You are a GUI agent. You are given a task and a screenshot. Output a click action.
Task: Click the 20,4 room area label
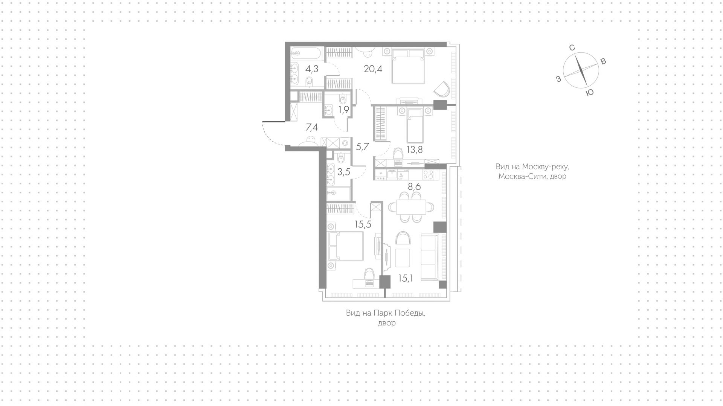(373, 69)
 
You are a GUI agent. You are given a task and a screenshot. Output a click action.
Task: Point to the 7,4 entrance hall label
(311, 127)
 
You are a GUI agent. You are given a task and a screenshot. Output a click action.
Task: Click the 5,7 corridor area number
(362, 147)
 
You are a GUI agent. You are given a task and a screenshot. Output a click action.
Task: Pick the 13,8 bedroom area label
(414, 150)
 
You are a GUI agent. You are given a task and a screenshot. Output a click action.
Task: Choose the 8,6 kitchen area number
(414, 186)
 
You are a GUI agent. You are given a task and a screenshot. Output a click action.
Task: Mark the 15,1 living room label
(406, 278)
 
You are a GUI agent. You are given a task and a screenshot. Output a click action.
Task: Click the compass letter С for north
(572, 47)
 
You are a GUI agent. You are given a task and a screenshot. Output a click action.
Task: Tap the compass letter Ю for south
(590, 93)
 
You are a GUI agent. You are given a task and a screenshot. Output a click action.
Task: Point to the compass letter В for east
(603, 61)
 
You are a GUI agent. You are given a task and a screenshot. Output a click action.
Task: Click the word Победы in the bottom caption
(410, 313)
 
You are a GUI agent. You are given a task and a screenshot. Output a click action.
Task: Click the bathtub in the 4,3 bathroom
(306, 53)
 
